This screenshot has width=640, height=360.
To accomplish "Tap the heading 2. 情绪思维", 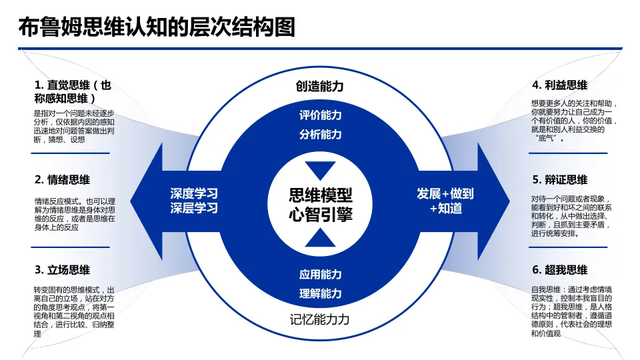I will point(62,179).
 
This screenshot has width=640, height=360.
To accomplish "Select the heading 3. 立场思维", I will point(62,270).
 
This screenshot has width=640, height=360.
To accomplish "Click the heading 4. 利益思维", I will point(559,85).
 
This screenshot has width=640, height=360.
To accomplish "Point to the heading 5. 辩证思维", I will point(559,179).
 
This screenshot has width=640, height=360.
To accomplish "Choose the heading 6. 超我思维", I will point(559,270).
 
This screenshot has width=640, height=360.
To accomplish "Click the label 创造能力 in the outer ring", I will point(320,87).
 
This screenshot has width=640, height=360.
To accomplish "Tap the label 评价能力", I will point(320,115).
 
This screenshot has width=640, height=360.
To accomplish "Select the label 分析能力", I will point(320,134).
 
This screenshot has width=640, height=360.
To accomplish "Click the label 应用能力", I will point(320,274).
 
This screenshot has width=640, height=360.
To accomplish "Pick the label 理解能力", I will point(320,293).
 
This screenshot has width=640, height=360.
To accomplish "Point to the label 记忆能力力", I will point(320,319).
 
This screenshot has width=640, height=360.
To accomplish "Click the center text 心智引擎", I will point(320,215).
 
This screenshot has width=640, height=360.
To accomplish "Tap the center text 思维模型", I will point(320,195).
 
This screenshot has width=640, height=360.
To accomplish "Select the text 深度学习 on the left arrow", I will point(194,194).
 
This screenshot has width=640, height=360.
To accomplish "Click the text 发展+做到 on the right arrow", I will point(445,194).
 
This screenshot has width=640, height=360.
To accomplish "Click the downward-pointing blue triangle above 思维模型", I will point(320,169).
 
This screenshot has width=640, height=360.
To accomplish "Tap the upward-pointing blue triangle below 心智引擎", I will point(320,239).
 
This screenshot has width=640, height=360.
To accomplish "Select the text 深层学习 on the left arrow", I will point(194,208).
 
